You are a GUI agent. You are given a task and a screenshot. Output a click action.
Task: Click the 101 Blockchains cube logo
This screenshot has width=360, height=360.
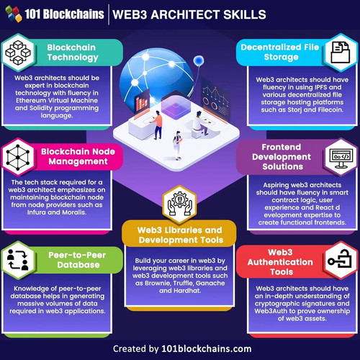point(14,14)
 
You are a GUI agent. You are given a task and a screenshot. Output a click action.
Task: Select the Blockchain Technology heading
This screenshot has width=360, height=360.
point(73,53)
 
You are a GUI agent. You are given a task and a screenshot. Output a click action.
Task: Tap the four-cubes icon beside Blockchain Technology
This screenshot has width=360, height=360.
point(18,53)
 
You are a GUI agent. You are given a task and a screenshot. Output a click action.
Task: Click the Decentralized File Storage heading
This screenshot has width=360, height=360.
point(280,52)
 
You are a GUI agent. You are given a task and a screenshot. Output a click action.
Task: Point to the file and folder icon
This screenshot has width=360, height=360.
point(341,53)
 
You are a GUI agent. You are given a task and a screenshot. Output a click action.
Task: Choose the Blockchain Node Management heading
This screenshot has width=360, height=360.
point(78,156)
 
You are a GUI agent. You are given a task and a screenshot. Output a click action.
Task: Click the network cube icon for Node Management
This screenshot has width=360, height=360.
point(18,158)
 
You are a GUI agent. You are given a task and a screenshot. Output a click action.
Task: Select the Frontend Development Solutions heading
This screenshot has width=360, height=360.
point(282,157)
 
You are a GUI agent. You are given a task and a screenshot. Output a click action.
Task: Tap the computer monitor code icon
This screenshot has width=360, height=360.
point(341,158)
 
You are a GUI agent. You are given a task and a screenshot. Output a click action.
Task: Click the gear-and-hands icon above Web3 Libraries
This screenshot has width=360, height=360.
point(180,204)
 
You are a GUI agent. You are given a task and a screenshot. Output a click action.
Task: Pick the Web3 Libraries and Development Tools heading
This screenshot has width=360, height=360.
point(180,235)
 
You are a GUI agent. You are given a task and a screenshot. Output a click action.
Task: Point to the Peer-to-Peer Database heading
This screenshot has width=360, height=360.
point(77,260)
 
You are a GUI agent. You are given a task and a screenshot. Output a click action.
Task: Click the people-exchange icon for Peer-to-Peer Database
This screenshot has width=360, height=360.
point(18,260)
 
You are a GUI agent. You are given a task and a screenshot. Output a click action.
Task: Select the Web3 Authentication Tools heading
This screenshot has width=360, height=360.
point(280,262)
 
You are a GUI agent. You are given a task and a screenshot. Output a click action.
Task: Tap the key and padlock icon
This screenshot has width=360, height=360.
point(340,259)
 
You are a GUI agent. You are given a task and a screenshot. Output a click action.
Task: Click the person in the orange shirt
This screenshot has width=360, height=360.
point(157,125)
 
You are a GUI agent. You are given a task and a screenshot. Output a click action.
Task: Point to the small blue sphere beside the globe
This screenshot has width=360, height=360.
point(199,60)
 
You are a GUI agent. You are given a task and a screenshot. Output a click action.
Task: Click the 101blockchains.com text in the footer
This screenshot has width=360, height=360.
point(207,348)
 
